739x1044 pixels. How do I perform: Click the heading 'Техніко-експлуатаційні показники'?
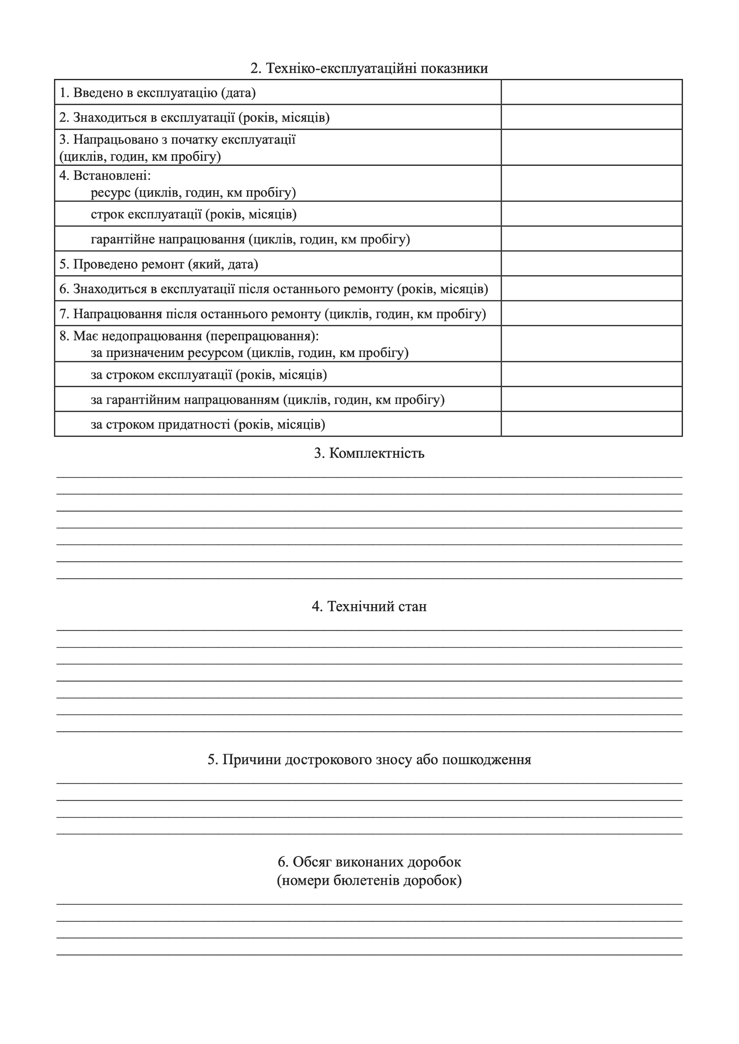[x=369, y=68]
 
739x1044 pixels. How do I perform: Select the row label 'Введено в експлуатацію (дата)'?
[x=158, y=93]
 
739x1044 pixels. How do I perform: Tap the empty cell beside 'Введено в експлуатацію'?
[x=591, y=92]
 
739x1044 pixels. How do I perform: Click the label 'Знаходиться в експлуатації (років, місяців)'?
[x=194, y=117]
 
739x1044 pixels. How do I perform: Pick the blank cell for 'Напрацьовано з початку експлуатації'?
[x=591, y=147]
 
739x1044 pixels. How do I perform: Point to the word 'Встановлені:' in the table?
[x=112, y=175]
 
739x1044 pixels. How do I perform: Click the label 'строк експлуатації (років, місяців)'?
[x=194, y=214]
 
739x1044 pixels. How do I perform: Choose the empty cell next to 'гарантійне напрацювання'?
[x=591, y=239]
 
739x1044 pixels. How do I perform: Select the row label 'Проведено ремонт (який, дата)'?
[x=159, y=264]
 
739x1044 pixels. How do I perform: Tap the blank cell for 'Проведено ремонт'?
[x=591, y=264]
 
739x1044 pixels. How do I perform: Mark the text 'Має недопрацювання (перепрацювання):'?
[x=189, y=336]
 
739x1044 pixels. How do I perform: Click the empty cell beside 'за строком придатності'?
[x=591, y=424]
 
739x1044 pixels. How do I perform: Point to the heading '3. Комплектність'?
[x=369, y=454]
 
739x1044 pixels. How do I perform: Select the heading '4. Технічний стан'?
[x=369, y=607]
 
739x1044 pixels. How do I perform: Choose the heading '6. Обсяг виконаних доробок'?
[x=369, y=862]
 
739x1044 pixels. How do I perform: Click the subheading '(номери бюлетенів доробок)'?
[x=369, y=881]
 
